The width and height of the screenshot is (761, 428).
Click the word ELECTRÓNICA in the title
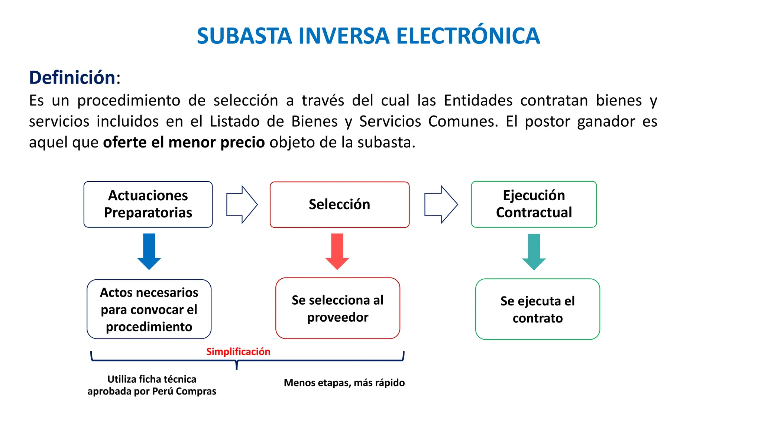[x=468, y=36]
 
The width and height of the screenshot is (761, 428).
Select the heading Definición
[x=72, y=78]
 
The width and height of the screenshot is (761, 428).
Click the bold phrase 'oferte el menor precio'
[x=184, y=142]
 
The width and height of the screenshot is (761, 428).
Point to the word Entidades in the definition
[x=478, y=101]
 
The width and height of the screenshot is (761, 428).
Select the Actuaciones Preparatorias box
[x=148, y=204]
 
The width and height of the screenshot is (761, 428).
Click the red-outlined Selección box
[x=339, y=205]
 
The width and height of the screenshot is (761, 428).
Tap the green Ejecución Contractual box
[x=534, y=204]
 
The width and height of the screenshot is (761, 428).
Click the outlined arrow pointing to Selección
[x=242, y=204]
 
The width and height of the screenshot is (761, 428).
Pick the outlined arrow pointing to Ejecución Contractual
[x=441, y=204]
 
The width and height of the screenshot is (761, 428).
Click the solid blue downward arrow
[x=149, y=251]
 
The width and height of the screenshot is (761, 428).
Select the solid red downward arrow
[x=337, y=251]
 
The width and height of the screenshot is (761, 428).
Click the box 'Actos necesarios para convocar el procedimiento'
[x=149, y=309]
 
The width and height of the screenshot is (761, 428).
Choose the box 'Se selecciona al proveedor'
[x=337, y=308]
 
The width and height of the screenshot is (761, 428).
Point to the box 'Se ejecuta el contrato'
[x=537, y=309]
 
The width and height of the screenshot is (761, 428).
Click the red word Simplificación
[x=238, y=351]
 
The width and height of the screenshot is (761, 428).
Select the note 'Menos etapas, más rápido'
[x=344, y=383]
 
